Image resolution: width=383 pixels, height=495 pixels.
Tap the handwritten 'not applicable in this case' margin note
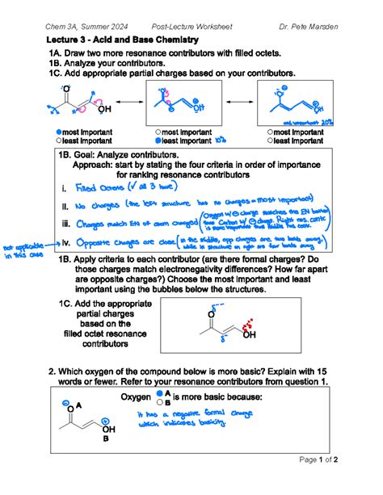(29, 252)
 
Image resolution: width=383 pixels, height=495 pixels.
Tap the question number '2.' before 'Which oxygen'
(53, 371)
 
